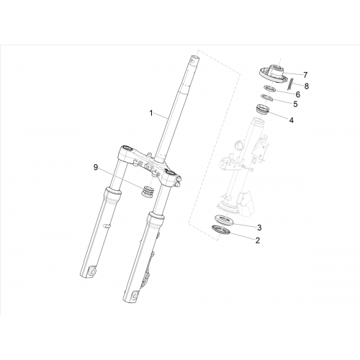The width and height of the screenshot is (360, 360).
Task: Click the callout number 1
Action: pyautogui.click(x=151, y=113)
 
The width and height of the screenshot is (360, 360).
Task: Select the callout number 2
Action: pyautogui.click(x=258, y=240)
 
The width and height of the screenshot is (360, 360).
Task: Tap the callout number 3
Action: pyautogui.click(x=259, y=228)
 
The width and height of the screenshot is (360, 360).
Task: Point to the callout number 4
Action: pyautogui.click(x=292, y=120)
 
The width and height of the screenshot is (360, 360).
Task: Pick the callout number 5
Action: pyautogui.click(x=295, y=104)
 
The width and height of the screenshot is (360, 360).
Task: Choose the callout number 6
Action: pyautogui.click(x=298, y=94)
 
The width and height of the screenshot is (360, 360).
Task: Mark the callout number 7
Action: pyautogui.click(x=305, y=75)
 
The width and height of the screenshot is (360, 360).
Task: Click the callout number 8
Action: pyautogui.click(x=307, y=86)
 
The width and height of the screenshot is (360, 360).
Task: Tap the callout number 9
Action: pyautogui.click(x=96, y=167)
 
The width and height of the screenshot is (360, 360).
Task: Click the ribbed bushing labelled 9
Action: pyautogui.click(x=147, y=192)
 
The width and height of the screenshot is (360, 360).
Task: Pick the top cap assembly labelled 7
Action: pyautogui.click(x=273, y=74)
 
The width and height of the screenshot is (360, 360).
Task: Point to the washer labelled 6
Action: pyautogui.click(x=270, y=89)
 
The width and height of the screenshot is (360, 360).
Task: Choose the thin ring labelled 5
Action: pyautogui.click(x=267, y=98)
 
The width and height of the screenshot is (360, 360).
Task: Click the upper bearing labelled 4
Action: pyautogui.click(x=263, y=109)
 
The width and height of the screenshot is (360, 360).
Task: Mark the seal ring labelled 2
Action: pyautogui.click(x=221, y=229)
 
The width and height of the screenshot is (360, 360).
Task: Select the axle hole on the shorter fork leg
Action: pyautogui.click(x=92, y=271)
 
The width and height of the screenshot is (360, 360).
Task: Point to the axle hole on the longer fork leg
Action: pyautogui.click(x=135, y=294)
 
